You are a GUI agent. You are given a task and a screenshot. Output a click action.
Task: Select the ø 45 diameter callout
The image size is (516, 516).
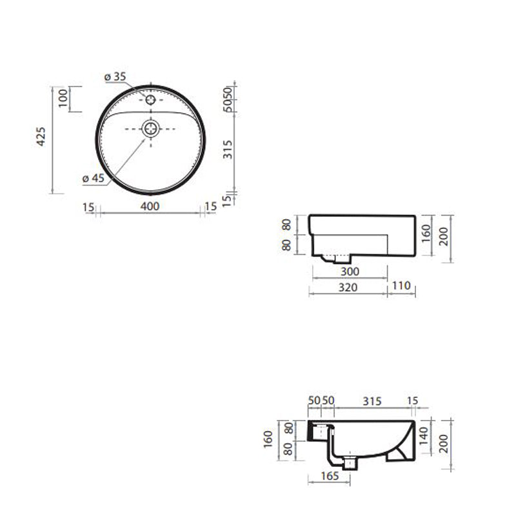(94, 179)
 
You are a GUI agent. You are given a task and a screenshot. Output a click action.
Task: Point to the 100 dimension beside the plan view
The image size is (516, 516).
(63, 99)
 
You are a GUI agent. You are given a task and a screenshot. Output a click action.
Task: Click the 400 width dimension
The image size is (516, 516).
(150, 206)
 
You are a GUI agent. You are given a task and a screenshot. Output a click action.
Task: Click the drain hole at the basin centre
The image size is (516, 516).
(151, 128)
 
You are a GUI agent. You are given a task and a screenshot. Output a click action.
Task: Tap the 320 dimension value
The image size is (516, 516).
(348, 287)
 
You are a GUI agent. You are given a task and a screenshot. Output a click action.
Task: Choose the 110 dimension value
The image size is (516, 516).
(401, 287)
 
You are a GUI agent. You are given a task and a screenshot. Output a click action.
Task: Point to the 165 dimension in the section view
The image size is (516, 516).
(329, 477)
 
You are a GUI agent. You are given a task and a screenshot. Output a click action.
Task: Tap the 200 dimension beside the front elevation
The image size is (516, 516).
(444, 239)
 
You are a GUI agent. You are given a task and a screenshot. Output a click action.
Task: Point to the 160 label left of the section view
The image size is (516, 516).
(270, 439)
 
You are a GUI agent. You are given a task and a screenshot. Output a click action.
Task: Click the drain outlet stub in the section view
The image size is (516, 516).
(350, 462)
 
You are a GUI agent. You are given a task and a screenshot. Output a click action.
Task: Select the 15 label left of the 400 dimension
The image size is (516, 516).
(89, 206)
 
